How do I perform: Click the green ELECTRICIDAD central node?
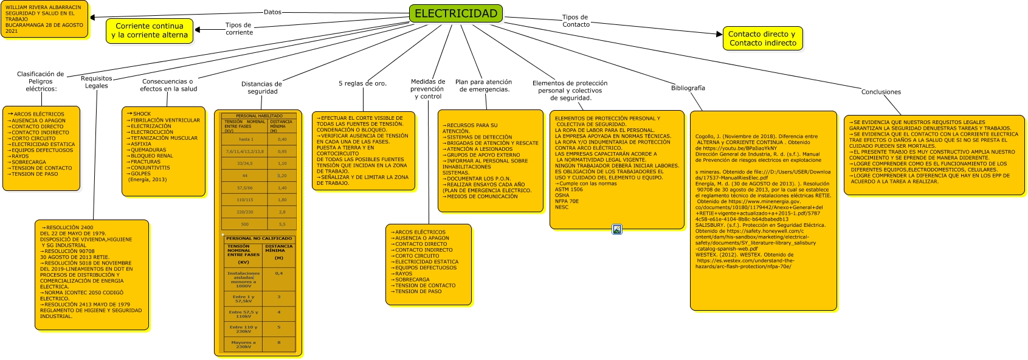(456, 13)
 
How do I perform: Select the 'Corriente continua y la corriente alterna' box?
(150, 30)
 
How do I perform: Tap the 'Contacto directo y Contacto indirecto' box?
(762, 38)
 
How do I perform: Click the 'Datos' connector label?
(272, 12)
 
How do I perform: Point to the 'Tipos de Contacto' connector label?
(575, 21)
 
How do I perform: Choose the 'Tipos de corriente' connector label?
(239, 29)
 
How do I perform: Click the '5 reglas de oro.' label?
(362, 83)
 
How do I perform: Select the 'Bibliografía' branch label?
(688, 88)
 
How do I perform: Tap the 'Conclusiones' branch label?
(881, 92)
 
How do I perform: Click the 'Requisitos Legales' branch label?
(97, 82)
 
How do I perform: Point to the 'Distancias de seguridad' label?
(262, 88)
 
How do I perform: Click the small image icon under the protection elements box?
(617, 229)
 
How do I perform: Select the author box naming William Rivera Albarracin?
(44, 19)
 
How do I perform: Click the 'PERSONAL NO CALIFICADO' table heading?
(259, 238)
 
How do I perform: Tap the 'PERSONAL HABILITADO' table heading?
(259, 116)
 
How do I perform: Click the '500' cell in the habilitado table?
(245, 224)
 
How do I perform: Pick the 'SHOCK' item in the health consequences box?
(142, 114)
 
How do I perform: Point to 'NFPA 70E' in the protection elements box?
(567, 201)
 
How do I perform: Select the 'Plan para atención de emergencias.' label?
(484, 86)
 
